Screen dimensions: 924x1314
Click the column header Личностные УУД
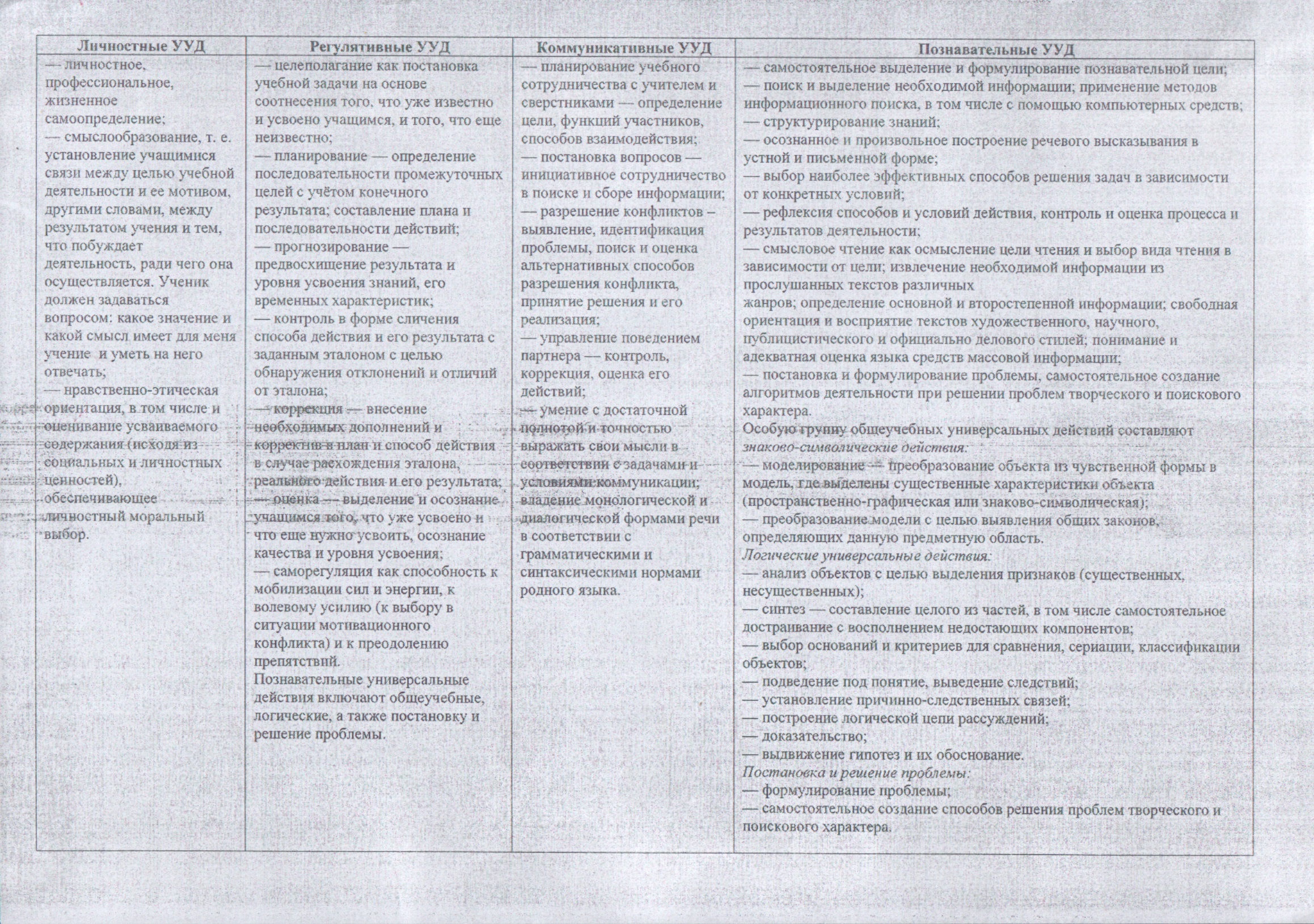click(141, 46)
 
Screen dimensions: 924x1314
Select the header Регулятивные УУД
click(379, 47)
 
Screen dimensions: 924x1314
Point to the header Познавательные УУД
click(996, 49)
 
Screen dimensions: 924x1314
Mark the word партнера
click(547, 356)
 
